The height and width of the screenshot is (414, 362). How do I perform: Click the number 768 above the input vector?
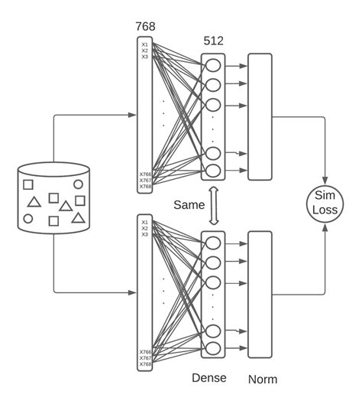[145, 26]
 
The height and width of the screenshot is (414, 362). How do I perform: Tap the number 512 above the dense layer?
[213, 41]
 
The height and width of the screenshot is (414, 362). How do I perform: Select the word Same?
[189, 204]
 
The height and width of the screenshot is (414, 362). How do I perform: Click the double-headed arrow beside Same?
[214, 204]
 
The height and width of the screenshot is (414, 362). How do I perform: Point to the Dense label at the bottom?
[208, 378]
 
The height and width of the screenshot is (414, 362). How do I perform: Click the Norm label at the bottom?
[262, 379]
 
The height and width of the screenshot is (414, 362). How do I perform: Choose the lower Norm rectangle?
[260, 295]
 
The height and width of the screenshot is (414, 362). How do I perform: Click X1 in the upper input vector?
[144, 44]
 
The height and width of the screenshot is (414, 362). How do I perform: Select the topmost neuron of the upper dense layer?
[213, 65]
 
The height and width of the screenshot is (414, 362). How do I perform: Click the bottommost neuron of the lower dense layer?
[213, 348]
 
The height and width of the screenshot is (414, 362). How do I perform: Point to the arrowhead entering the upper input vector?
[133, 115]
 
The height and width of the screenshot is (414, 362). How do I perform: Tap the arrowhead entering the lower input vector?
[133, 292]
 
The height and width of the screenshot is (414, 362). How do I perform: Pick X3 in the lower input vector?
[144, 234]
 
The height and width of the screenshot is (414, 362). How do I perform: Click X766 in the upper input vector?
[144, 174]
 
